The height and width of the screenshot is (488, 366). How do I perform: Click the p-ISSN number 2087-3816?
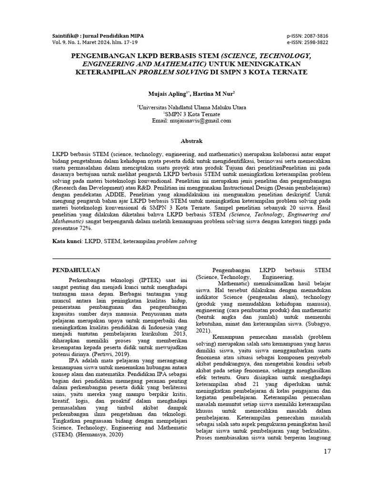coord(315,36)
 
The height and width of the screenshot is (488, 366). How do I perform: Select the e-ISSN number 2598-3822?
coord(315,42)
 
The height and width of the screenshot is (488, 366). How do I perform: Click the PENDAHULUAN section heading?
coord(76,270)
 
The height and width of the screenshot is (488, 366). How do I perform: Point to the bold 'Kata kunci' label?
coord(67,242)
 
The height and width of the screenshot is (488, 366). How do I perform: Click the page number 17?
coord(327,451)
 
